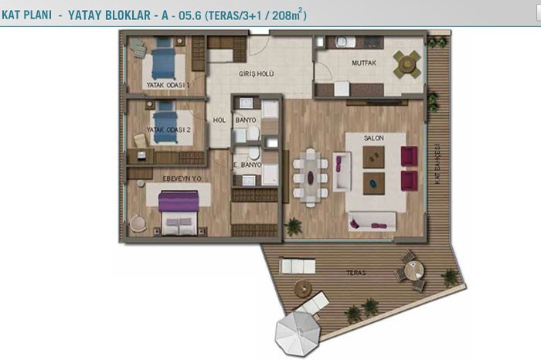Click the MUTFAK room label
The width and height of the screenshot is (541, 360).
[364, 63]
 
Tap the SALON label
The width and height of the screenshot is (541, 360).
[373, 138]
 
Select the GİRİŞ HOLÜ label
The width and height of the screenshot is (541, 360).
[257, 74]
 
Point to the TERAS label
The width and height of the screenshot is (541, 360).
[356, 273]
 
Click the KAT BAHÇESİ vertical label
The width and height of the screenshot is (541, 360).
[437, 164]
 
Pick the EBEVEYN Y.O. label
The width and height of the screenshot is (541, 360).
[182, 178]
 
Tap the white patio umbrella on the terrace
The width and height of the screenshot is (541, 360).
[298, 334]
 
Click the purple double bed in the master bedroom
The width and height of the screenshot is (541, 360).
[179, 213]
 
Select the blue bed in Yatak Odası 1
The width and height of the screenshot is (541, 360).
[164, 59]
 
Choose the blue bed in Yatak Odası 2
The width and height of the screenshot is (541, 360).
[165, 122]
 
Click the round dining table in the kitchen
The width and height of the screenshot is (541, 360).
[407, 64]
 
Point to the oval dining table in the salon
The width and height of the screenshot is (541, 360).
[311, 178]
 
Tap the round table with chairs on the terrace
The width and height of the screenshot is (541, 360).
[413, 270]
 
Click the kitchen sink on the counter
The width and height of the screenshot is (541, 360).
[345, 42]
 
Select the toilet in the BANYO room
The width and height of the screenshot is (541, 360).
[253, 133]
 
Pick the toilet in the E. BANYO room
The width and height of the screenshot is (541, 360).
[254, 153]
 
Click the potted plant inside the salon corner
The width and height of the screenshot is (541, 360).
[293, 226]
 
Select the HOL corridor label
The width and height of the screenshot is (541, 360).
[219, 121]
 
